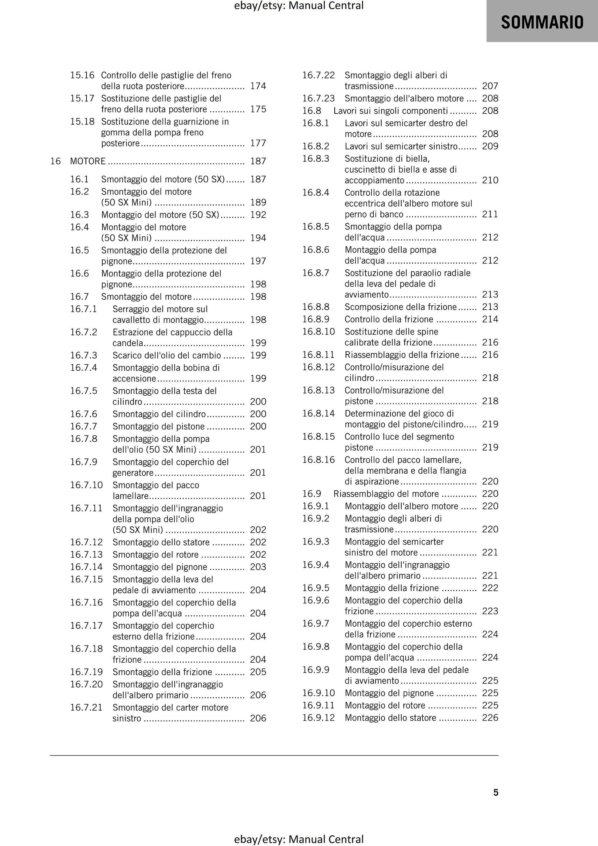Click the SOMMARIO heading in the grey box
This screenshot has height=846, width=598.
click(542, 22)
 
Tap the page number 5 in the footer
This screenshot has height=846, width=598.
click(495, 792)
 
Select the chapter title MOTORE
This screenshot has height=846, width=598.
click(88, 161)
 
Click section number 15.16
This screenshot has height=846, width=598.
click(82, 75)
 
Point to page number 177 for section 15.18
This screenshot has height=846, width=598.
click(258, 143)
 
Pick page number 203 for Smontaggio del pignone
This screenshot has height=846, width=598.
click(258, 567)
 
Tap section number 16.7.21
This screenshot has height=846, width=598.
click(86, 707)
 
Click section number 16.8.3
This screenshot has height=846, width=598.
click(316, 159)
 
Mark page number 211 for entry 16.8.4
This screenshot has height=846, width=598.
click(490, 214)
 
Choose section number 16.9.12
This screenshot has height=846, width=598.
click(319, 717)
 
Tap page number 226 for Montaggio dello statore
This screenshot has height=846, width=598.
click(490, 717)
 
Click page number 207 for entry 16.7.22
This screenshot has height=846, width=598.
click(490, 86)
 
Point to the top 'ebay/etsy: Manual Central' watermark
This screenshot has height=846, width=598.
click(299, 6)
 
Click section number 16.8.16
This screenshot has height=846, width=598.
click(319, 460)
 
